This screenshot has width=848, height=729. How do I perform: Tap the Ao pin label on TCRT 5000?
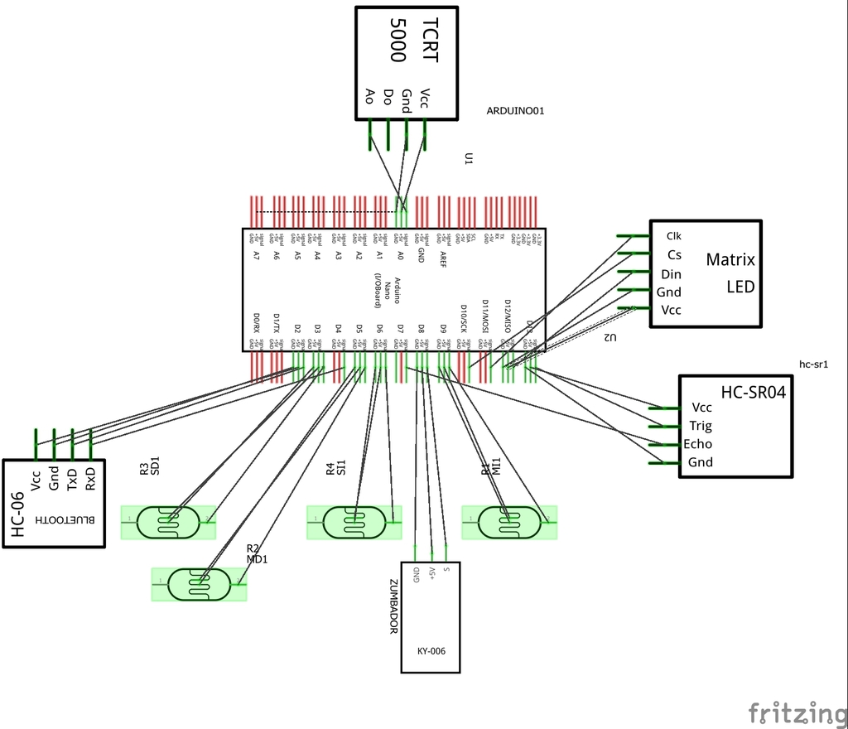(370, 96)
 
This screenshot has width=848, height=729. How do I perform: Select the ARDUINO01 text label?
(515, 110)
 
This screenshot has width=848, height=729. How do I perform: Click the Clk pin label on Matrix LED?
(673, 236)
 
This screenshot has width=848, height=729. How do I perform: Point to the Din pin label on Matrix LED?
(671, 274)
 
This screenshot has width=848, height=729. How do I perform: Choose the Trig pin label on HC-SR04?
(701, 426)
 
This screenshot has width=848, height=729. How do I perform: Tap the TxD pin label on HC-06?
(72, 479)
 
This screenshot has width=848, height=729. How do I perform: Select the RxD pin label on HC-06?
(90, 479)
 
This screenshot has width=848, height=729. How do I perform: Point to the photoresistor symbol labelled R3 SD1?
(168, 522)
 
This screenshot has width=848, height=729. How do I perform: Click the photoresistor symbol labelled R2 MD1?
(199, 584)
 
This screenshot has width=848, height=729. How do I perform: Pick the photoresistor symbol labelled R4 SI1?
(354, 522)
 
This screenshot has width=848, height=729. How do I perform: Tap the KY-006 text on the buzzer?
(431, 651)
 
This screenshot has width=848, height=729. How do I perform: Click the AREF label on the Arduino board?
(443, 260)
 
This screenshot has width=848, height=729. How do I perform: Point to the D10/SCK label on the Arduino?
(464, 317)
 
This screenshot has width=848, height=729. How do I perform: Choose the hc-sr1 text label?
(813, 364)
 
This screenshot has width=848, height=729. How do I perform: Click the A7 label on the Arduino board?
(257, 256)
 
